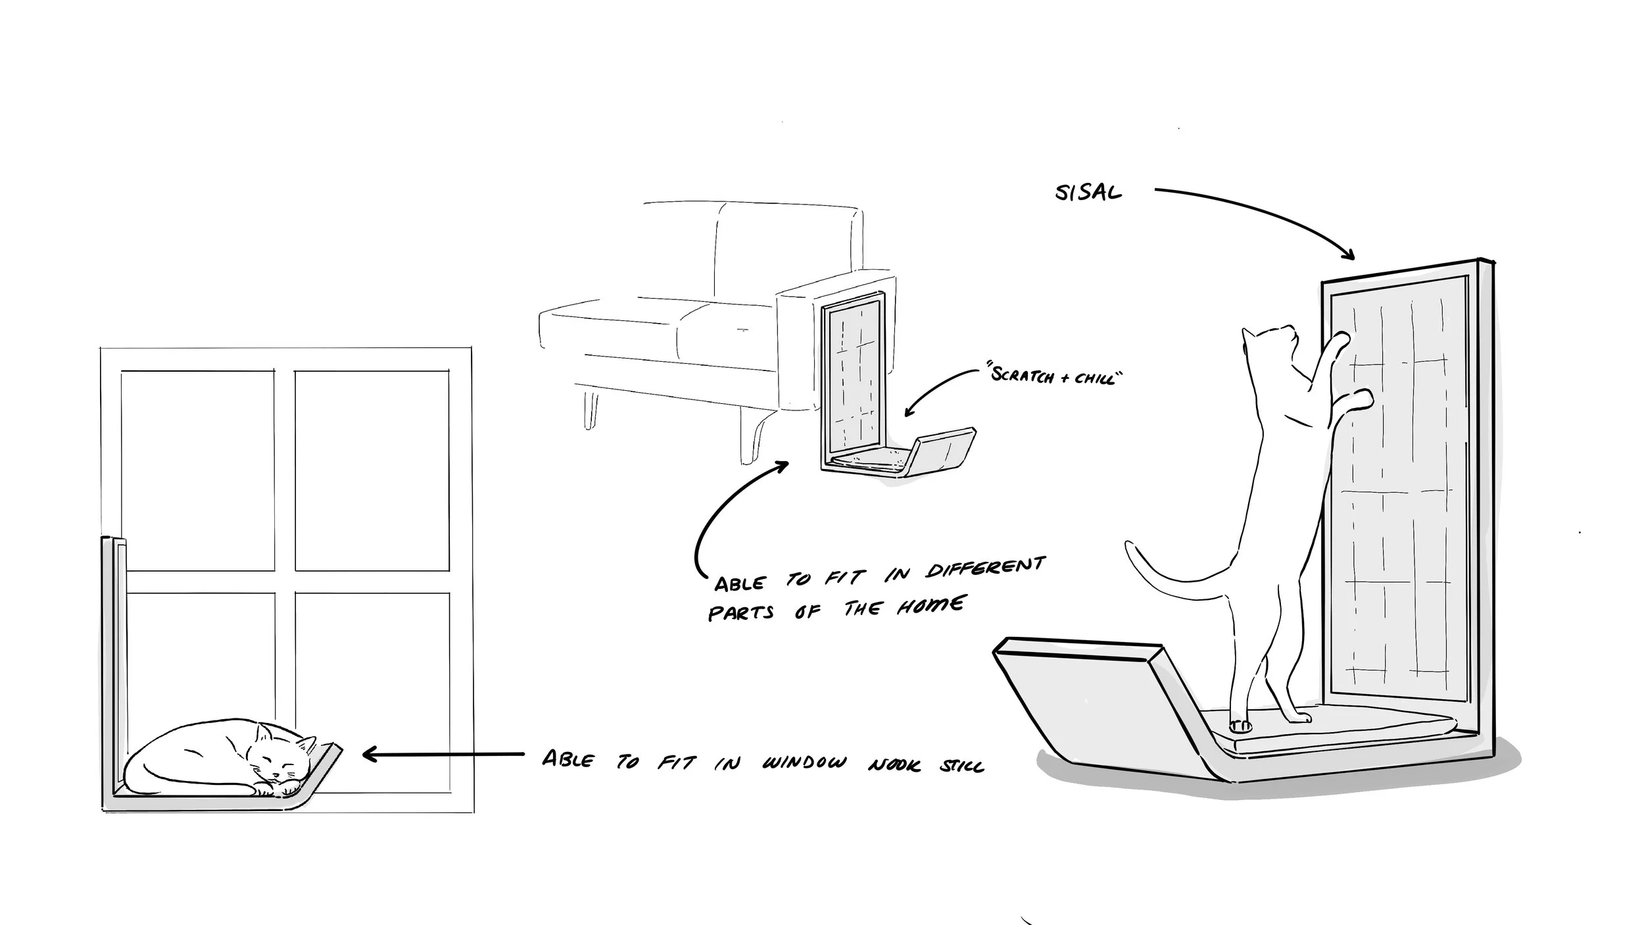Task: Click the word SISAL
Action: pos(1088,193)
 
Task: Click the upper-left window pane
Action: pos(197,470)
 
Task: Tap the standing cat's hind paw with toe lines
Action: pos(1241,725)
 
